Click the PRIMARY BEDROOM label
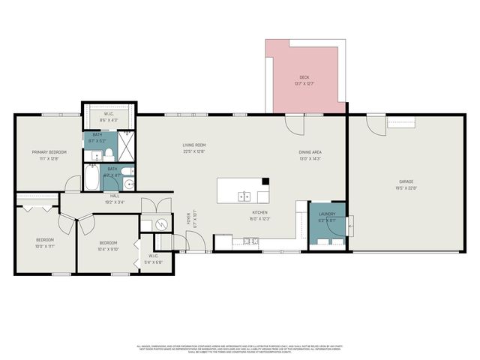tap(49, 152)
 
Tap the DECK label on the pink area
tap(304, 77)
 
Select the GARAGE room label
tap(406, 181)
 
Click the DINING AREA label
tap(310, 152)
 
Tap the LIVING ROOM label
tap(193, 145)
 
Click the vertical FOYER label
tap(188, 219)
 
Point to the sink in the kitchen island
tap(244, 196)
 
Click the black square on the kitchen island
tap(265, 181)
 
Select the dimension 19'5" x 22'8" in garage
tap(406, 188)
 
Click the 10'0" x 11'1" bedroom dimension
tap(44, 246)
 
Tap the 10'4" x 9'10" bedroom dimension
tap(108, 250)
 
